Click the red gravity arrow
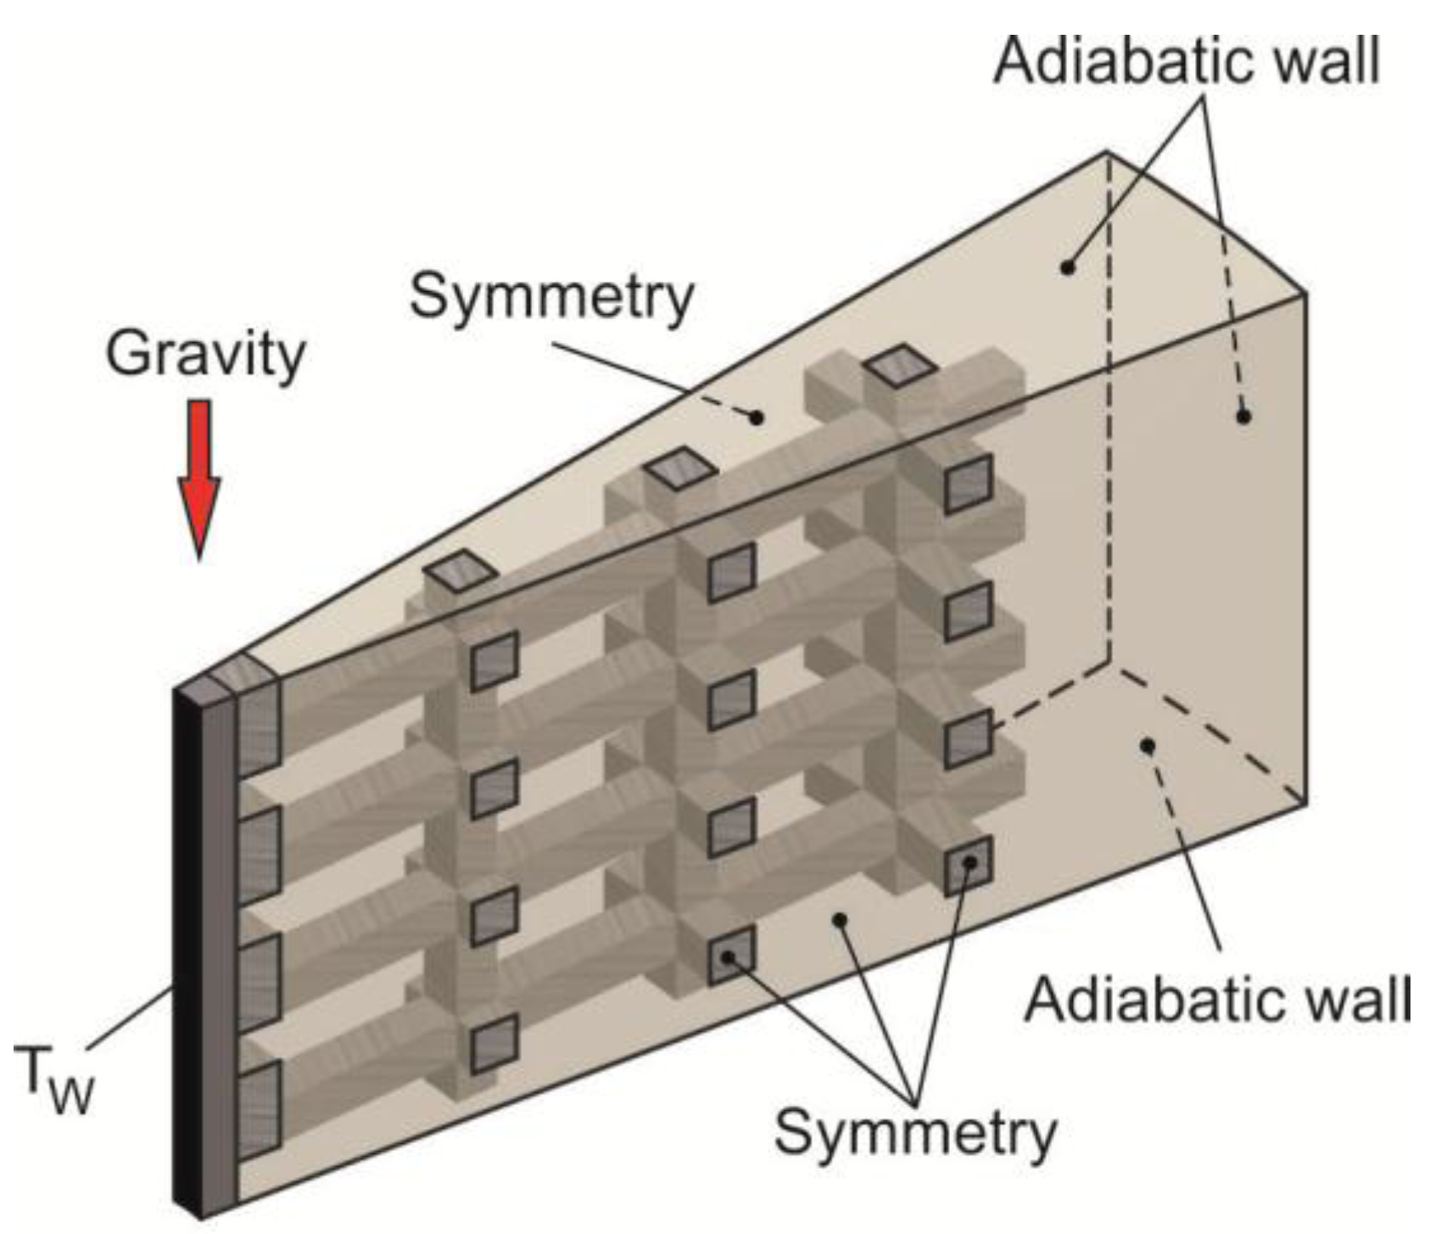[x=199, y=475]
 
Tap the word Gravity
[x=204, y=355]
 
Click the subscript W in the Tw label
[x=70, y=1094]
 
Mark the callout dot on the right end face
[x=1243, y=416]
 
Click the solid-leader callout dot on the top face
[x=1068, y=266]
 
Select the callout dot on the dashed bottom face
[x=1148, y=746]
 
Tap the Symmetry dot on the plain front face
[x=840, y=920]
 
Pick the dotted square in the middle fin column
[x=729, y=956]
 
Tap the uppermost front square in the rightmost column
[x=969, y=483]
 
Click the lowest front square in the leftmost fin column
[x=494, y=1042]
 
